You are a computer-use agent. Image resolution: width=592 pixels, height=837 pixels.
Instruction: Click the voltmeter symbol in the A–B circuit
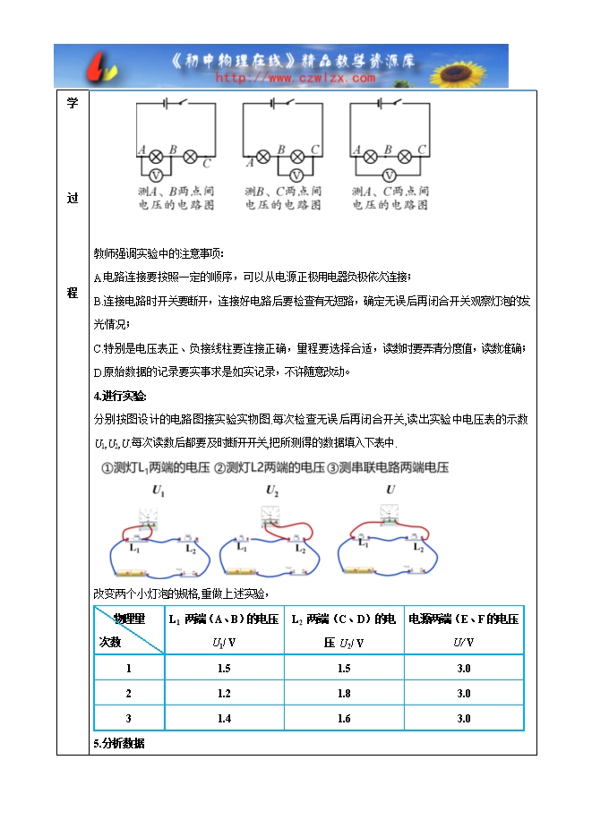[x=154, y=175]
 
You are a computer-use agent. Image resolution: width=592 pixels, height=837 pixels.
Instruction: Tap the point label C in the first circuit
[x=207, y=163]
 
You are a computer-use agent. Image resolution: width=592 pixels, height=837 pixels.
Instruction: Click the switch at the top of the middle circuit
[x=287, y=103]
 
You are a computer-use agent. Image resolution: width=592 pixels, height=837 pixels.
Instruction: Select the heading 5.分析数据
[x=119, y=744]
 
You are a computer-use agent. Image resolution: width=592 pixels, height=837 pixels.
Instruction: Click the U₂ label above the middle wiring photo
[x=272, y=490]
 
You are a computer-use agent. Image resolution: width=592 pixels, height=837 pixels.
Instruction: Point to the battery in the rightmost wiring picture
[x=363, y=570]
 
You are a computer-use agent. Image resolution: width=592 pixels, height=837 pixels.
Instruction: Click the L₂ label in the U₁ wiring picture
[x=191, y=549]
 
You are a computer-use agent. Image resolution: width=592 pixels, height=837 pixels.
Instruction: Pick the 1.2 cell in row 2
[x=224, y=693]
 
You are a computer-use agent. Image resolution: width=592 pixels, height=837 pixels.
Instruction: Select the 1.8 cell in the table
[x=343, y=693]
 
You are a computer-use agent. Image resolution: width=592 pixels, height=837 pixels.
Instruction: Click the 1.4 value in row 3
[x=224, y=718]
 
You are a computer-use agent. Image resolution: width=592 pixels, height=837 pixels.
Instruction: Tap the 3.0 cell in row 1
[x=464, y=668]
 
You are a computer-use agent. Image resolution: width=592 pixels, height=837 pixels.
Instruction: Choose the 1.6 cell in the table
[x=343, y=718]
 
